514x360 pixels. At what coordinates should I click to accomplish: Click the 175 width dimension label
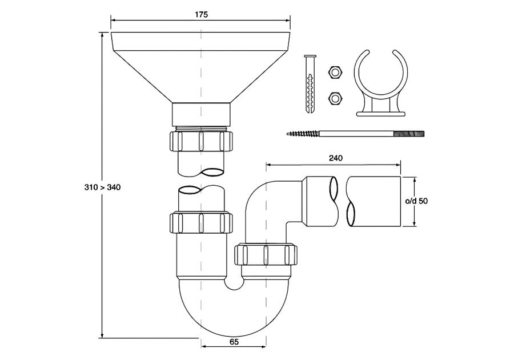click(201, 14)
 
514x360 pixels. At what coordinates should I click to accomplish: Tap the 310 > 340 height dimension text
click(103, 187)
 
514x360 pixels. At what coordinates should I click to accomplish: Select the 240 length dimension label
click(336, 158)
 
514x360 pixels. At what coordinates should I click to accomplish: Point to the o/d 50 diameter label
click(417, 201)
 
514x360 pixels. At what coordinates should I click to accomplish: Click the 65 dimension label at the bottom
click(234, 342)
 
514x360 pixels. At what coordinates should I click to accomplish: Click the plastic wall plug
click(310, 84)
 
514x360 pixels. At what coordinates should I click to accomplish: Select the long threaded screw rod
click(355, 134)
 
